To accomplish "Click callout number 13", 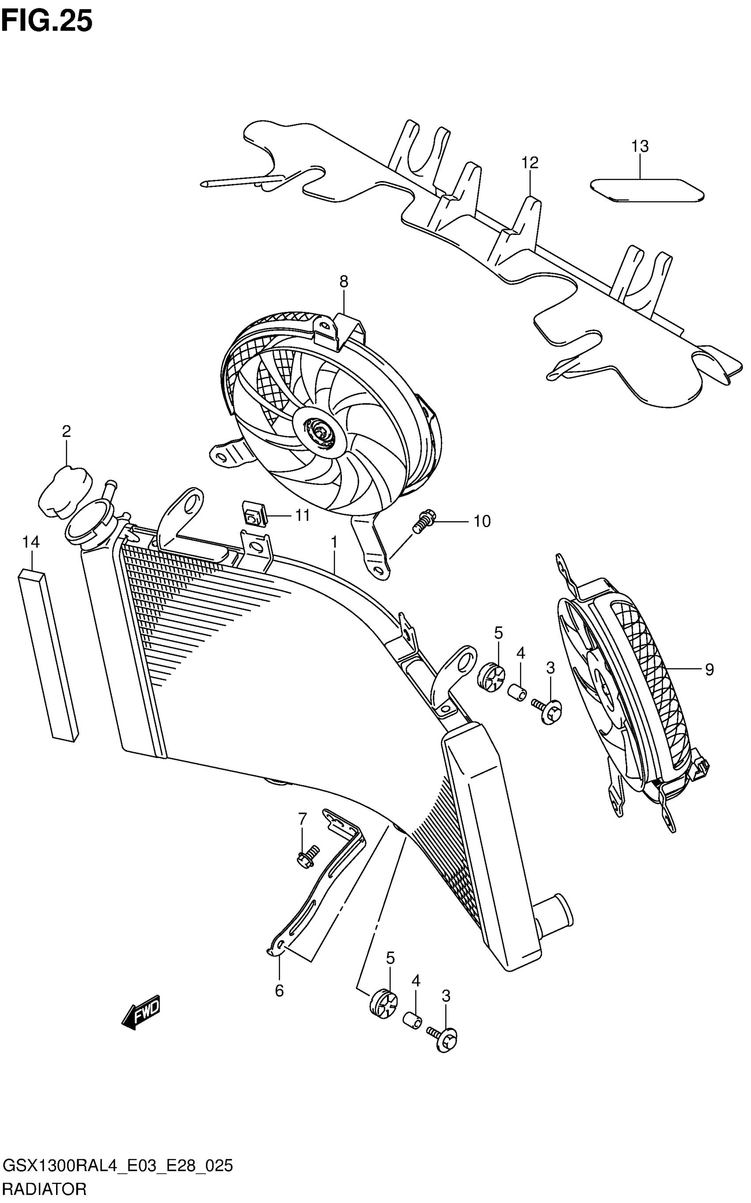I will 640,147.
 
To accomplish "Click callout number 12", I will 530,163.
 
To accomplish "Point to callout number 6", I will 279,991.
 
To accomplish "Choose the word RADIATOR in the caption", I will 45,1188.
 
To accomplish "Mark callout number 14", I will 31,542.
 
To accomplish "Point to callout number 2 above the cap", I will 66,431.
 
